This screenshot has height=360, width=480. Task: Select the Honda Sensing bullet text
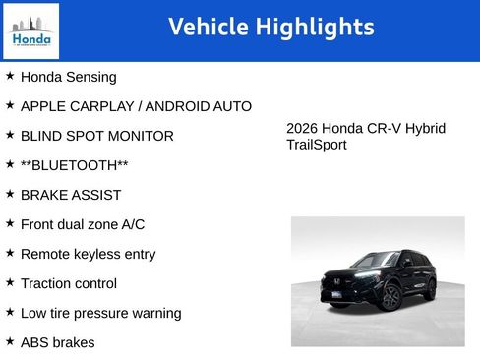[68, 77]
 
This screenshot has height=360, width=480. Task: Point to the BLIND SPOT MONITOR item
[96, 136]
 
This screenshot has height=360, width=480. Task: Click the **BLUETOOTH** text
[74, 165]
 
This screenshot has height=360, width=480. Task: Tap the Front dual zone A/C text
[82, 224]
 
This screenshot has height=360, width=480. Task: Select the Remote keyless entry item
[88, 254]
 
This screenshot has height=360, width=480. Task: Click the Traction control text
[68, 283]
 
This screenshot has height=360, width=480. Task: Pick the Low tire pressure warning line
[100, 313]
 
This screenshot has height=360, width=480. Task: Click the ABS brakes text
[57, 342]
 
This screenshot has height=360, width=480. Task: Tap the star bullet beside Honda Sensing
[10, 76]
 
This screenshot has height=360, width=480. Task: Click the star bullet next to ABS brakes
[10, 341]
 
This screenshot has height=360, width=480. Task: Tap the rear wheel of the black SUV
[430, 289]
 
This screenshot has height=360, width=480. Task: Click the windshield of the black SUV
[375, 262]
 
